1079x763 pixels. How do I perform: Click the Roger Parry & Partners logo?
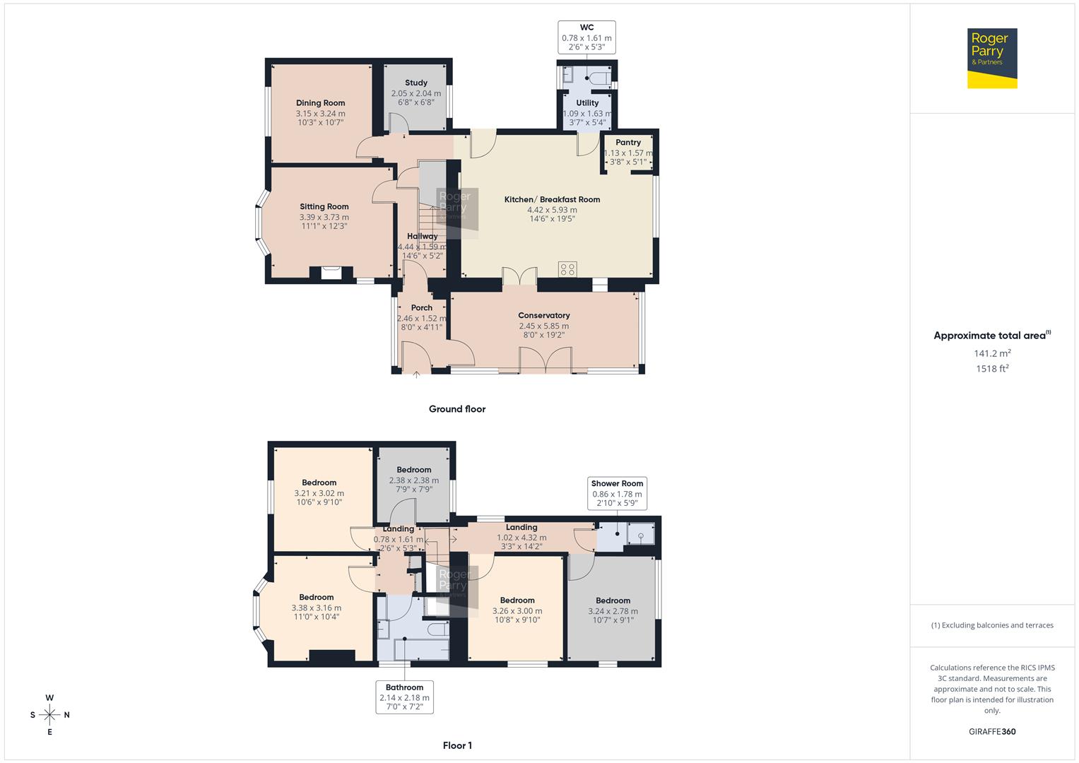(991, 58)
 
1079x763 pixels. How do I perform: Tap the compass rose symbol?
(49, 715)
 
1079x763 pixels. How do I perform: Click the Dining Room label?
(320, 103)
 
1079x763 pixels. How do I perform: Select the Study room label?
(416, 83)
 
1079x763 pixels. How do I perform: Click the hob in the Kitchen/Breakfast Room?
(567, 269)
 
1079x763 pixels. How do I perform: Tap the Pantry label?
(627, 143)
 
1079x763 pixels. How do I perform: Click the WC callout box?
(586, 37)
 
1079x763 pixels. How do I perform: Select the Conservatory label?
(543, 316)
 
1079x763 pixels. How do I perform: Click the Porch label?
(422, 308)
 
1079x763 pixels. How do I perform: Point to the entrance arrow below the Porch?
(416, 374)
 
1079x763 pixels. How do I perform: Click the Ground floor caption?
(457, 409)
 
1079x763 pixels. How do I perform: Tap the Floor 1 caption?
(457, 745)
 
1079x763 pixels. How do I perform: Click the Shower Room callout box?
(617, 493)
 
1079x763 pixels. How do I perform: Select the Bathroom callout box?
(404, 697)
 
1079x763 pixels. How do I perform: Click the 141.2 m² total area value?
(992, 353)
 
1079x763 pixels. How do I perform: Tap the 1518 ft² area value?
(992, 369)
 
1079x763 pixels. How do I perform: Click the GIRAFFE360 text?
(992, 731)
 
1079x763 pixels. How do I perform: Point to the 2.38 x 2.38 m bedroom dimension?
(413, 480)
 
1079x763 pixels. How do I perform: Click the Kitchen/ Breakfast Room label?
(552, 200)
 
